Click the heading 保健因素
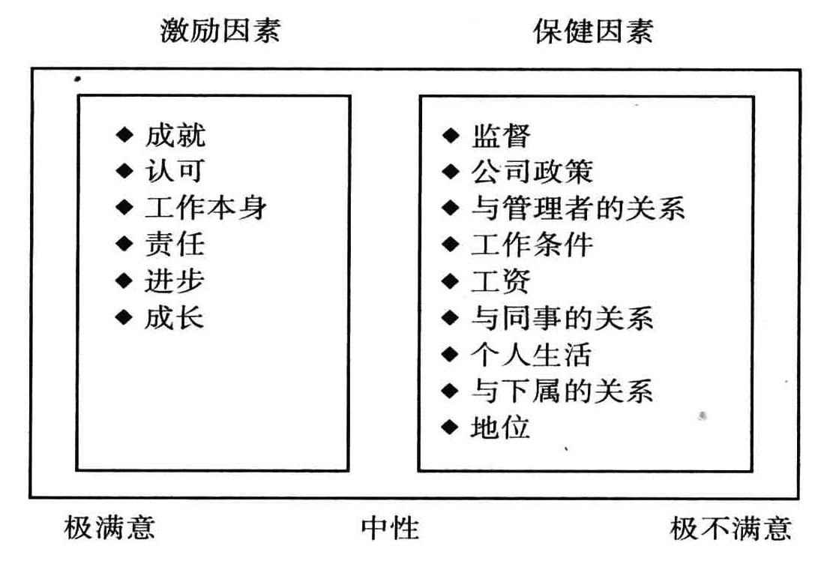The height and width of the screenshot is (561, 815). point(593,31)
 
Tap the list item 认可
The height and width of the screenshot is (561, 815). point(175,171)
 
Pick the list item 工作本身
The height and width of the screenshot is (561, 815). point(205,208)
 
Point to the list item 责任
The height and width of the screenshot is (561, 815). point(175,244)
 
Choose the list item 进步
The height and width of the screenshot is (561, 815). point(175,281)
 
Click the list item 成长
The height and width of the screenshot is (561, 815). point(175,318)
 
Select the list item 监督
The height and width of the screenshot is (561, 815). point(501,136)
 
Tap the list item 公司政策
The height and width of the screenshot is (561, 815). point(532,172)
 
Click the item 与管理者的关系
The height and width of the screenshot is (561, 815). point(577,208)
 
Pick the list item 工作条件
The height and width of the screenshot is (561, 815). point(532,244)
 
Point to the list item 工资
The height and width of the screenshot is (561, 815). point(501,281)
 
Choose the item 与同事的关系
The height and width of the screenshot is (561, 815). point(562,318)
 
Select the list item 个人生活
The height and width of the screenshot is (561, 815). point(532,354)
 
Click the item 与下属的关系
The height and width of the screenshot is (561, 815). point(562,391)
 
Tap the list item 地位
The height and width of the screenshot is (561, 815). point(501,427)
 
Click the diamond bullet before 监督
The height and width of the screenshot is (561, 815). point(450,136)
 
